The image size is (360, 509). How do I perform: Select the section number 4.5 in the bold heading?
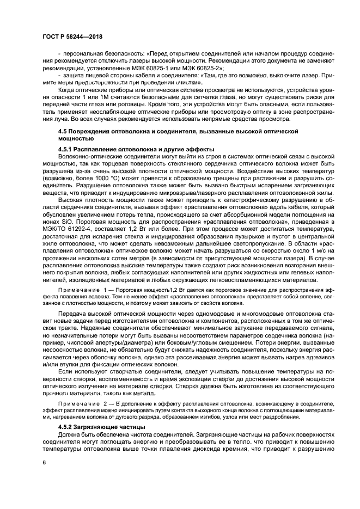pyautogui.click(x=64, y=132)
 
